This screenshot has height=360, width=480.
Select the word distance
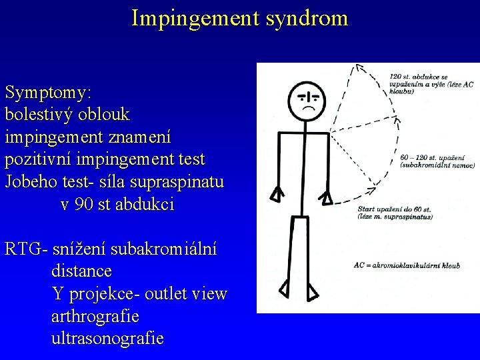click(x=81, y=272)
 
